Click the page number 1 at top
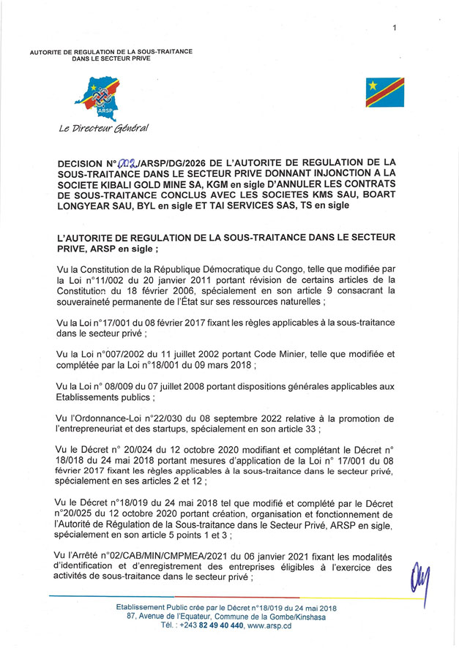pyautogui.click(x=395, y=29)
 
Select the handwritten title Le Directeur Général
pyautogui.click(x=104, y=129)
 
